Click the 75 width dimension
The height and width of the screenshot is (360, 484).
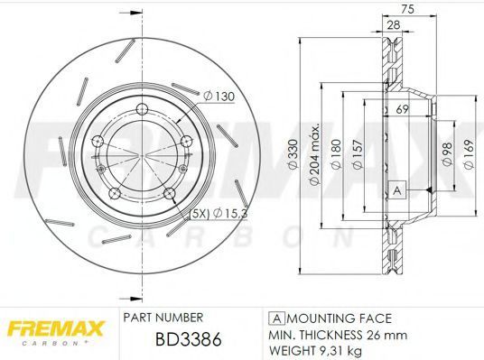[x=407, y=9]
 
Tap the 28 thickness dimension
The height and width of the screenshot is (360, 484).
[x=394, y=25]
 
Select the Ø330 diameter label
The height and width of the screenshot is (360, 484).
[x=293, y=154]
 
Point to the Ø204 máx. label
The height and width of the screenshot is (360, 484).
[x=314, y=155]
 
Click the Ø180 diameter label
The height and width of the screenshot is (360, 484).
[x=336, y=154]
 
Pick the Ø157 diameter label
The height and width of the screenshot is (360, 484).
[x=358, y=154]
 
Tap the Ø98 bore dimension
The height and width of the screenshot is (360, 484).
[x=447, y=154]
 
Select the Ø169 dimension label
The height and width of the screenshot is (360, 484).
[x=469, y=154]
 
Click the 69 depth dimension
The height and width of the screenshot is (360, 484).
[x=402, y=109]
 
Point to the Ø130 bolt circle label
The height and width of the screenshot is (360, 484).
[x=219, y=97]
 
